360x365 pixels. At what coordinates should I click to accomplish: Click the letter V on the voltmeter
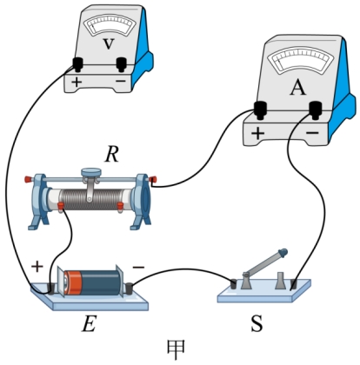click(x=109, y=44)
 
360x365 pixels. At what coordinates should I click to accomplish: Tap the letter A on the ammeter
click(x=297, y=87)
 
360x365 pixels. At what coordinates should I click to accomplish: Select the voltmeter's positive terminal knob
click(x=77, y=64)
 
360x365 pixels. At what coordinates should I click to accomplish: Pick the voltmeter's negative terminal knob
click(x=122, y=64)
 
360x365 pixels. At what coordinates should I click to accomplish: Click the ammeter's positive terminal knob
click(x=260, y=109)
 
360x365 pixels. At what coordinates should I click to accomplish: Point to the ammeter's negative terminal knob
click(x=316, y=109)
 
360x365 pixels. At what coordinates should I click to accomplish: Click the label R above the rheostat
click(x=111, y=155)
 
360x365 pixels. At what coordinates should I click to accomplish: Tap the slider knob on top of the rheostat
click(x=91, y=172)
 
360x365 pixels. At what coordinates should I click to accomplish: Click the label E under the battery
click(x=89, y=324)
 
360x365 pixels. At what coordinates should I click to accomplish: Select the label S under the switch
click(x=257, y=323)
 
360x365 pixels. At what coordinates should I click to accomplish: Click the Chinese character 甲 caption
click(x=176, y=349)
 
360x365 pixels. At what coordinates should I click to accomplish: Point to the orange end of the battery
click(x=72, y=282)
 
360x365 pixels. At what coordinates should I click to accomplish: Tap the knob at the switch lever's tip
click(x=283, y=253)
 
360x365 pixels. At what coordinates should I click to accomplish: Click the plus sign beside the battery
click(x=37, y=267)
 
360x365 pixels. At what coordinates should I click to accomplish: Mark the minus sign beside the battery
click(x=138, y=267)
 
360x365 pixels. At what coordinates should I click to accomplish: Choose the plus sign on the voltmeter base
click(x=77, y=83)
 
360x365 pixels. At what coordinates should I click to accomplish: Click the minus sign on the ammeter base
click(x=312, y=133)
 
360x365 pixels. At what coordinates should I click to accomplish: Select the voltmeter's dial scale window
click(x=111, y=26)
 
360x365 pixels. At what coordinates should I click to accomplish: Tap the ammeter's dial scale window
click(x=301, y=62)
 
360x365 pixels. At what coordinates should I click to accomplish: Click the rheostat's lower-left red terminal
click(x=61, y=206)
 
